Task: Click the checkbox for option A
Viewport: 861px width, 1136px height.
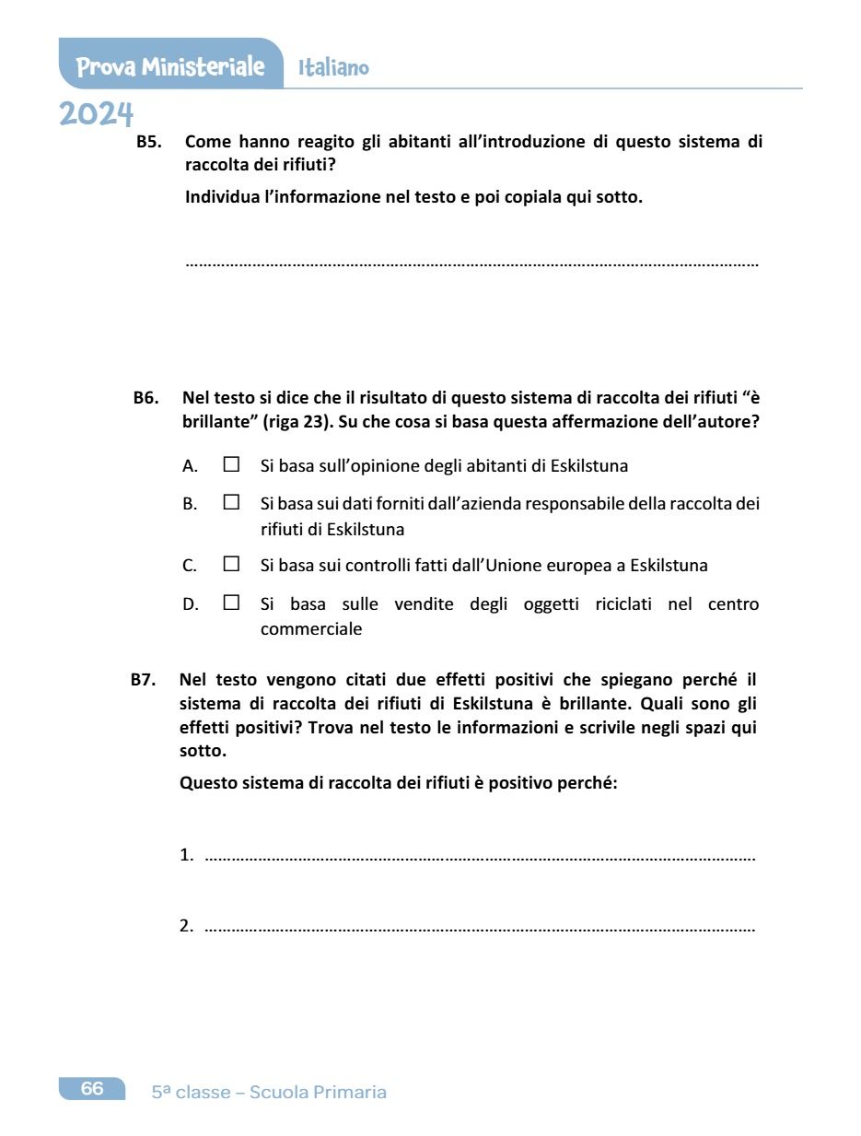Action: (231, 464)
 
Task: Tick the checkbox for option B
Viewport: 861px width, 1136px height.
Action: (231, 503)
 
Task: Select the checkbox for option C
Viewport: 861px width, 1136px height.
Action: (231, 564)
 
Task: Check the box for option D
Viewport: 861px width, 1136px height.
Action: (231, 603)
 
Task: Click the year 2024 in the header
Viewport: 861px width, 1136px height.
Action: (96, 115)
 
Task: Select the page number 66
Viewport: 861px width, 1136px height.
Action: (92, 1088)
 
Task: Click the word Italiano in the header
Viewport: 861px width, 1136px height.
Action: (333, 68)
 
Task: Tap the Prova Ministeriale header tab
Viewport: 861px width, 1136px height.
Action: (170, 67)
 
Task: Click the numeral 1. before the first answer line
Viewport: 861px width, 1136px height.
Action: (186, 855)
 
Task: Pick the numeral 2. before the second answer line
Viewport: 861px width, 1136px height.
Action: (186, 925)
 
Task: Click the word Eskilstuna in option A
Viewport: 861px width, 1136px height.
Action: (588, 465)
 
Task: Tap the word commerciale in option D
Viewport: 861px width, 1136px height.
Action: (311, 629)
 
